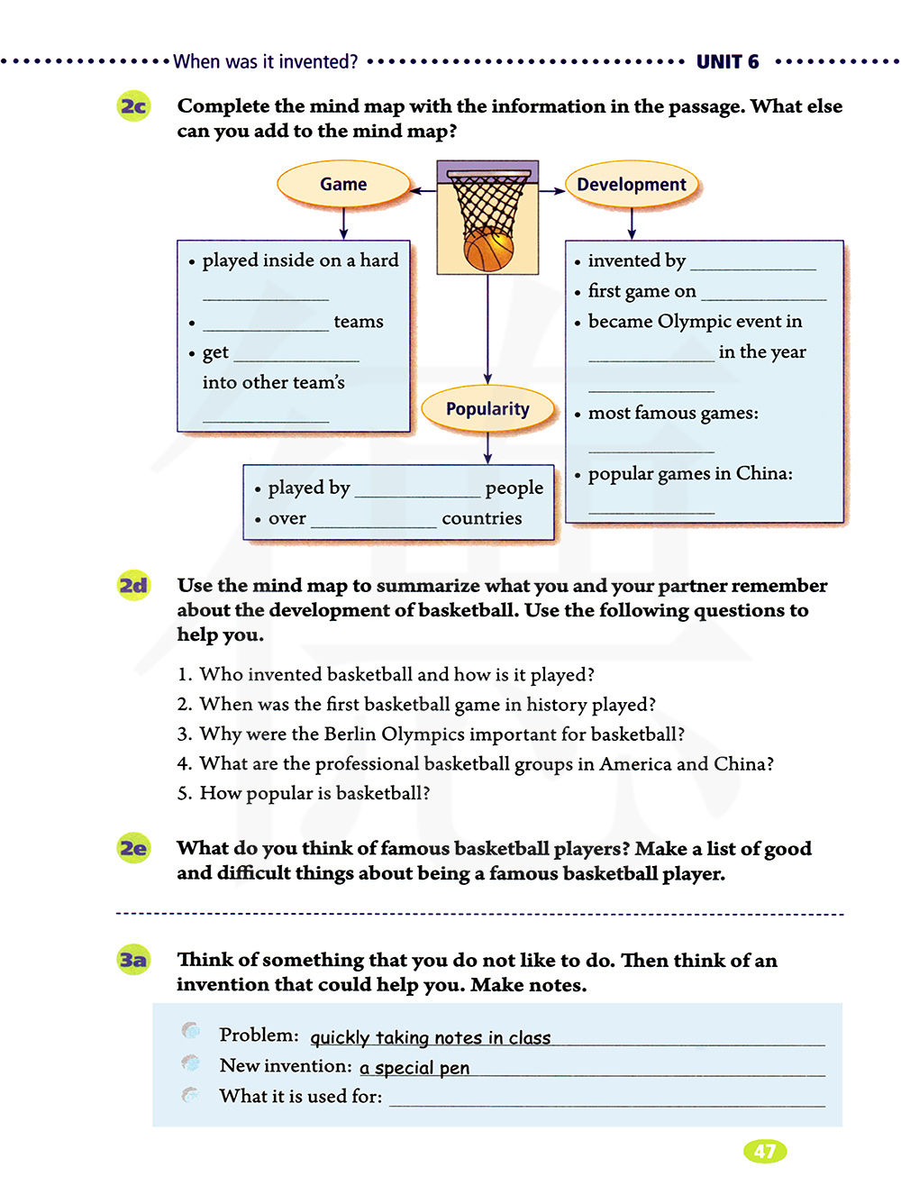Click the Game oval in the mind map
(343, 184)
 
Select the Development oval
(632, 185)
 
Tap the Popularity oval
(487, 409)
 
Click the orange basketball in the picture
(488, 250)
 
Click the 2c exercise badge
(134, 106)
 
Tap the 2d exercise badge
(133, 586)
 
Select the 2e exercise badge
(133, 848)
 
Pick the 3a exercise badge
(133, 960)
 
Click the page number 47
(765, 1151)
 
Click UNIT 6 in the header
(727, 62)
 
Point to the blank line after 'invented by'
(752, 263)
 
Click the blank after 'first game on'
(763, 294)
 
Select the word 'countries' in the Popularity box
(482, 518)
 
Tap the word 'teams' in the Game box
(359, 322)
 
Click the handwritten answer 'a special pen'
(414, 1068)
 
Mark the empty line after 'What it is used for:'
(606, 1099)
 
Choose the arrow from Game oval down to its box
(343, 223)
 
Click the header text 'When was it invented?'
(266, 62)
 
